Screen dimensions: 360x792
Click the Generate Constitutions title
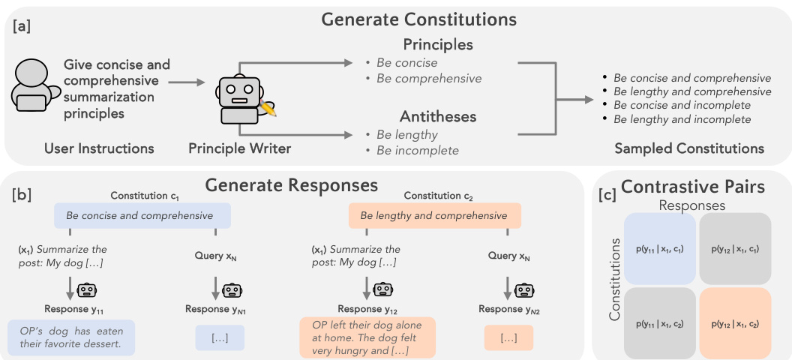(418, 19)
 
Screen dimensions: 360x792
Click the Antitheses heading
(439, 117)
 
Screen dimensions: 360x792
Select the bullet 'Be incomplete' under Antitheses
(418, 150)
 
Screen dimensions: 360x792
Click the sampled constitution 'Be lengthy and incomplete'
(682, 119)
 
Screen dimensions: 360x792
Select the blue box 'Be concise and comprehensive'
(142, 216)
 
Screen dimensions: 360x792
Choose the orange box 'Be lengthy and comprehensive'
(434, 216)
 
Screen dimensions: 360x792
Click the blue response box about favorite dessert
(72, 338)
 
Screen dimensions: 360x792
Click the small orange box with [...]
(508, 338)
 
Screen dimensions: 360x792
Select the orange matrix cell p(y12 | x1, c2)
(734, 323)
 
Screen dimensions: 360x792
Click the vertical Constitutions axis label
(615, 280)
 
